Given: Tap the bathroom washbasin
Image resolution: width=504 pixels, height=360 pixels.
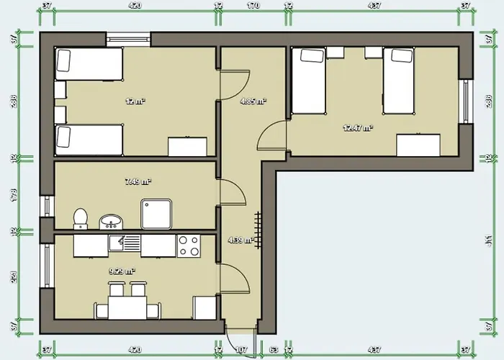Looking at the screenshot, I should pyautogui.click(x=109, y=220).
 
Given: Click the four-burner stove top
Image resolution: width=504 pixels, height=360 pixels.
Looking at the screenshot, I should pyautogui.click(x=189, y=246).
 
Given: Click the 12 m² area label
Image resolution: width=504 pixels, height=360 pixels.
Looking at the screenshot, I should pyautogui.click(x=135, y=102).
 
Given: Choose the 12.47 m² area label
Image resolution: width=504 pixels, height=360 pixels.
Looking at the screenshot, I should pyautogui.click(x=358, y=128).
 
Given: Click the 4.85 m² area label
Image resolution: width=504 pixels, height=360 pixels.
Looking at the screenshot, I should pyautogui.click(x=253, y=102).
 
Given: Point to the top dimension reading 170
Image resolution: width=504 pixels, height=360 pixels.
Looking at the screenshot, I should pyautogui.click(x=253, y=6).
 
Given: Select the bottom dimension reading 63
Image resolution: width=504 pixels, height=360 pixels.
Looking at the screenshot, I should pyautogui.click(x=273, y=351).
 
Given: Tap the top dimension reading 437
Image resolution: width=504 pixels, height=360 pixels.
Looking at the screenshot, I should pyautogui.click(x=374, y=6).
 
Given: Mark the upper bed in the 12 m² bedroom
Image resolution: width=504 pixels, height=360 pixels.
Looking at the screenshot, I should pyautogui.click(x=89, y=63).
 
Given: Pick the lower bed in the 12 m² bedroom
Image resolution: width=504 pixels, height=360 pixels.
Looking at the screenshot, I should pyautogui.click(x=89, y=138).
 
